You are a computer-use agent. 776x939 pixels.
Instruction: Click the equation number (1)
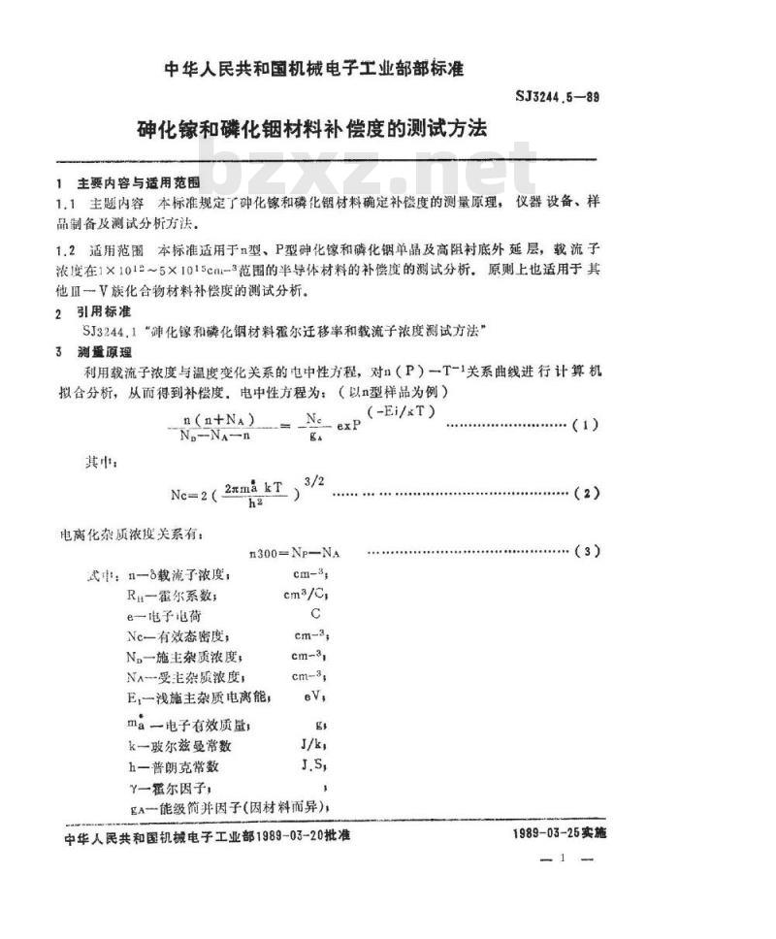pyautogui.click(x=587, y=425)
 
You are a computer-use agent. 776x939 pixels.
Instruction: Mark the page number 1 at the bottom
pyautogui.click(x=562, y=858)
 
